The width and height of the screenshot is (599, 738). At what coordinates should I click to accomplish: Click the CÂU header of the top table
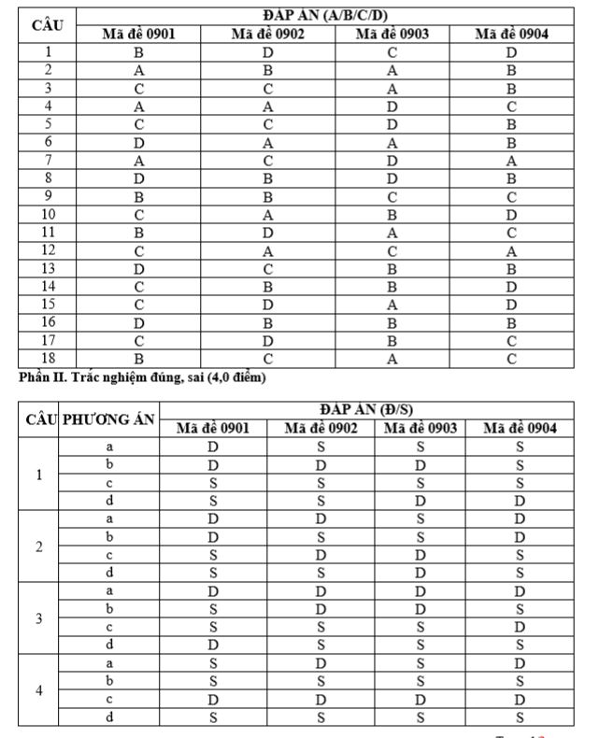pos(47,25)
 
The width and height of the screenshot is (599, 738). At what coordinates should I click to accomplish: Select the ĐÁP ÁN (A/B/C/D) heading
pos(323,17)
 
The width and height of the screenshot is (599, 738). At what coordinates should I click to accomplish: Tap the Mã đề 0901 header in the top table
pos(138,35)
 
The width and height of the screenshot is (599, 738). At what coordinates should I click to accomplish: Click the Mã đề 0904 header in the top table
pos(511,35)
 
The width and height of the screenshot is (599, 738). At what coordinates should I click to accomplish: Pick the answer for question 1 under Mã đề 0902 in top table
pos(266,52)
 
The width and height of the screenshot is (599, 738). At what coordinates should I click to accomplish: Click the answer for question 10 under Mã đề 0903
pos(392,214)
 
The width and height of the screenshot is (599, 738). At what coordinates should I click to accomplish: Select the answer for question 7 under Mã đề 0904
pos(511,161)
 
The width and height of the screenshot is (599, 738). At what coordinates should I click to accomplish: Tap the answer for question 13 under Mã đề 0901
pos(138,268)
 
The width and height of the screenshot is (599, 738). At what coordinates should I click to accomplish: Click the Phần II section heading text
pos(141,377)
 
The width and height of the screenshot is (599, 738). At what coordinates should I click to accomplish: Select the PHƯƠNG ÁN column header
pos(108,419)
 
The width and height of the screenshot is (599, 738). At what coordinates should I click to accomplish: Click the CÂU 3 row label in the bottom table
pos(38,618)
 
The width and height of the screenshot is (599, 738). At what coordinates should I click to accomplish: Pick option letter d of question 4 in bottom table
pos(109,717)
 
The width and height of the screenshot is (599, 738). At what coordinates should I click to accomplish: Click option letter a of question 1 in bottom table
pos(109,447)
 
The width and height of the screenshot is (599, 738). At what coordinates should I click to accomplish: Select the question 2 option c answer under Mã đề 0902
pos(321,555)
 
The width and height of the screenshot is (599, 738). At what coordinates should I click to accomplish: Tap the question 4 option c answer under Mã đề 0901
pos(213,699)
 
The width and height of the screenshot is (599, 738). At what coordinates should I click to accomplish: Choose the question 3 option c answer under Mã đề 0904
pos(520,627)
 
